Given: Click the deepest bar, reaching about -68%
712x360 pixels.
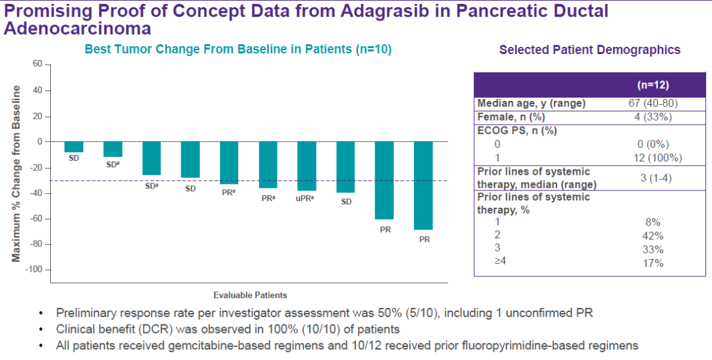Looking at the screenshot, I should point(423,185).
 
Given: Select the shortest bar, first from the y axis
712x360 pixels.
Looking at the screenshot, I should point(74,147).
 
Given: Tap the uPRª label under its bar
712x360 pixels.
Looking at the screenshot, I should point(305,197).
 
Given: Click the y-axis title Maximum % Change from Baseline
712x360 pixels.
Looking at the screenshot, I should point(16,173).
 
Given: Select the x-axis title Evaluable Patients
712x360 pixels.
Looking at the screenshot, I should point(250,295).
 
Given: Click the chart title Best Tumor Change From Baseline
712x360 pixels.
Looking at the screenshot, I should point(238,49).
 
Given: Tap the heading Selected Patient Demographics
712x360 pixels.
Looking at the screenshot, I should point(589,49).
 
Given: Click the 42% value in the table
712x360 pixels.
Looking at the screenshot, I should point(653,236).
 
